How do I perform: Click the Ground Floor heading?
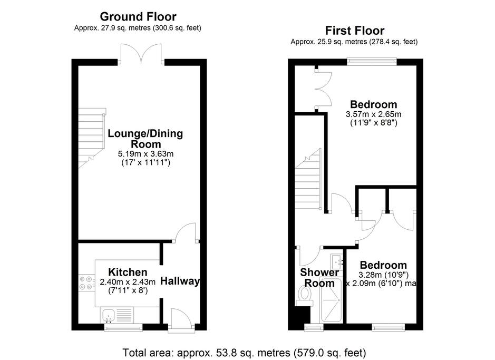138,16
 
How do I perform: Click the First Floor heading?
355,31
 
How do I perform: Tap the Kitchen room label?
128,272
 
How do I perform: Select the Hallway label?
180,281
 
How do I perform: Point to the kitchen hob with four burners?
86,283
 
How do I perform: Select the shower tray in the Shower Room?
331,300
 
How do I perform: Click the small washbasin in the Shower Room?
337,260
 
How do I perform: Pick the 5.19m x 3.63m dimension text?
146,154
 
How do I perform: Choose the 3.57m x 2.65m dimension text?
373,114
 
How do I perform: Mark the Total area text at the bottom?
244,353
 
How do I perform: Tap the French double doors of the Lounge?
141,54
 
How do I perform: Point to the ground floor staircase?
92,138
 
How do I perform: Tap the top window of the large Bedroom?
372,62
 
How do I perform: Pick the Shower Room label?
319,278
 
